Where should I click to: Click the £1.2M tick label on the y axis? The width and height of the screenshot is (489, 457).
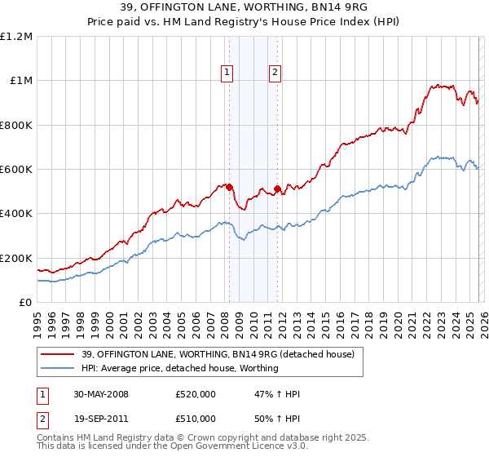[16, 37]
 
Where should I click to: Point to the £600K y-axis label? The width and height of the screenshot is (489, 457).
[16, 170]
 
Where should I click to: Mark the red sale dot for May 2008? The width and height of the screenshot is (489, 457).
[229, 187]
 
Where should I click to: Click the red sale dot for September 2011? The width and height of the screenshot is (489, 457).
[278, 189]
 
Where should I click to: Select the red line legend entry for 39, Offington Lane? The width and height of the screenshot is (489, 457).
[218, 354]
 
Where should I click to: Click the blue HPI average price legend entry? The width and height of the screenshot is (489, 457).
[180, 368]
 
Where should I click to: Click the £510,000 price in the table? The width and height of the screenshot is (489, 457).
[195, 419]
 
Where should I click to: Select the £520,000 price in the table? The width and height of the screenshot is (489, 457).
[195, 394]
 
